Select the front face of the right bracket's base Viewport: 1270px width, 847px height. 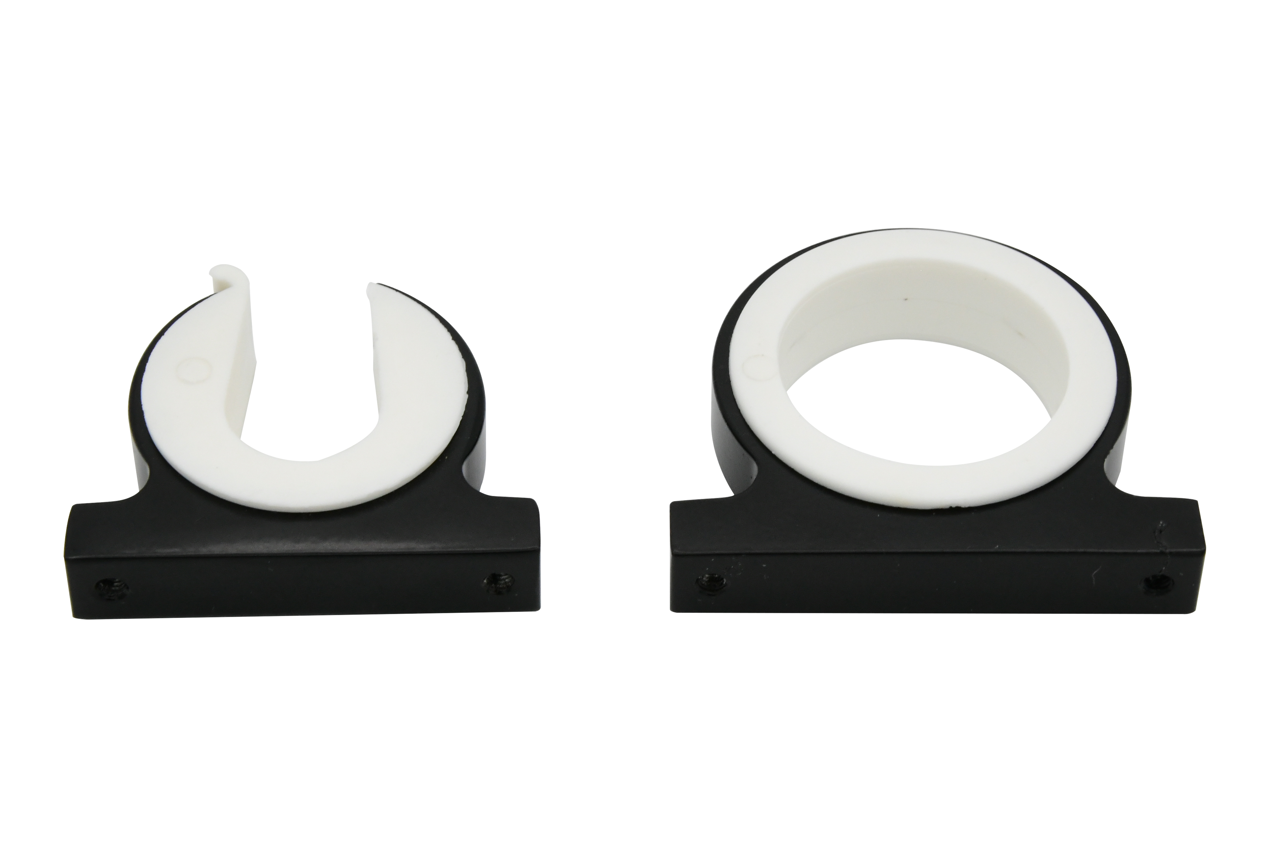[929, 586]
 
